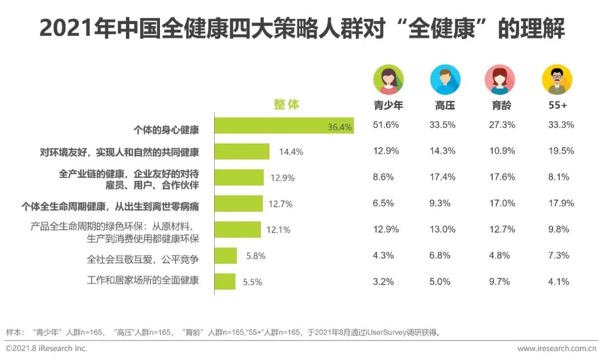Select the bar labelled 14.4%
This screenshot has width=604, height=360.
coord(243,151)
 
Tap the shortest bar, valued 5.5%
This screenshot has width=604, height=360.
coord(225,282)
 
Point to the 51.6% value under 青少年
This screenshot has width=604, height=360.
coord(386,125)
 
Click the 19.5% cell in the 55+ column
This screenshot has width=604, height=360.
coord(561,151)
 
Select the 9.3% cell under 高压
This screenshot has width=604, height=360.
coord(440,203)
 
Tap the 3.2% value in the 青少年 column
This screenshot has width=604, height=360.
coord(384,282)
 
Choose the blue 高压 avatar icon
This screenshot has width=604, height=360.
coord(445,80)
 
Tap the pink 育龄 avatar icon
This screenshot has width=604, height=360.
coord(499,80)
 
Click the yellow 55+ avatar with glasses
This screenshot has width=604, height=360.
coord(556,80)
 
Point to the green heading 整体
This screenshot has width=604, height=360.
coord(286,105)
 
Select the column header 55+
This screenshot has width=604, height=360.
coord(556,105)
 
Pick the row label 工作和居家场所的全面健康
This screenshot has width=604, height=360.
coord(143,281)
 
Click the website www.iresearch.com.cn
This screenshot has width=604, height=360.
coord(557,348)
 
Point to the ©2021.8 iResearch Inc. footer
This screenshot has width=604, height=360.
coord(46,348)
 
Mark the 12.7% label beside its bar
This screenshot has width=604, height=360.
coord(281,204)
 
